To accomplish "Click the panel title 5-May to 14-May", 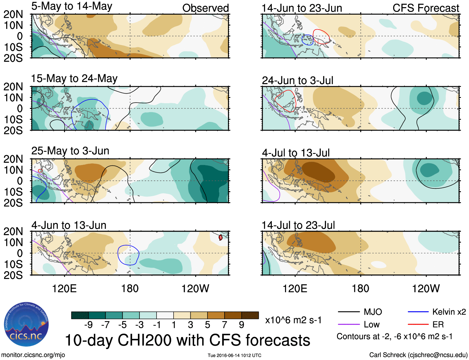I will point(72,6).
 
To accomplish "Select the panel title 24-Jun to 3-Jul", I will point(298,81).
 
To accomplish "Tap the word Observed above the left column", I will point(205,8).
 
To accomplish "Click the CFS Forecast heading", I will point(426,8).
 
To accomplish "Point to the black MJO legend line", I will point(348,312).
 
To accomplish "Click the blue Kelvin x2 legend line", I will point(418,312).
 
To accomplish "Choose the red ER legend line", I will point(418,325).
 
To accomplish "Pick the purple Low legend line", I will point(348,325).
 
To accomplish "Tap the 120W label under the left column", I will point(195,288).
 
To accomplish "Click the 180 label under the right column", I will point(360,288).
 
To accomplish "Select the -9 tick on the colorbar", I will point(89,325).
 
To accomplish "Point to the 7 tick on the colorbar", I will point(225,325).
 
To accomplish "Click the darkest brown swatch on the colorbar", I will point(250,315).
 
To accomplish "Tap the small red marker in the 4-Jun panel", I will point(221,238).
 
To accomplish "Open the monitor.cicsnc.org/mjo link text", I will point(33,355).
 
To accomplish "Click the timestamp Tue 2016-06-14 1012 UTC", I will point(234,355).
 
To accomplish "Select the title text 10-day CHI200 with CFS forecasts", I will point(188,340).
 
